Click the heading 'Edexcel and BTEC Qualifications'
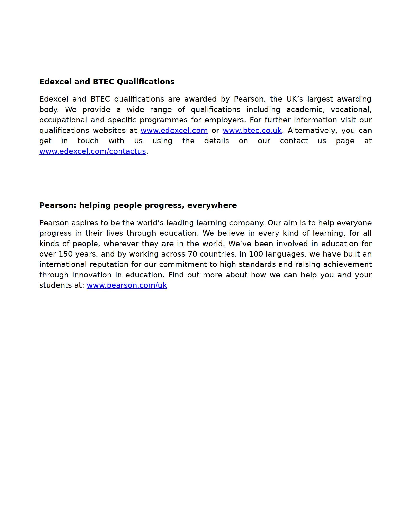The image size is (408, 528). (x=107, y=82)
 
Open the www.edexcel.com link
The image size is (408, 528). (x=174, y=130)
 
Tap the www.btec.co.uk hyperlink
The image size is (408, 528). (x=252, y=130)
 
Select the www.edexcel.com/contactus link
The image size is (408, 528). (x=93, y=151)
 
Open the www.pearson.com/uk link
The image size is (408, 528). (x=127, y=285)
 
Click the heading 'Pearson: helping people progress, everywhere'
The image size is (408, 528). (x=138, y=205)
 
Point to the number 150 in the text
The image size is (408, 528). (x=65, y=254)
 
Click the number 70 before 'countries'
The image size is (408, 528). (x=192, y=254)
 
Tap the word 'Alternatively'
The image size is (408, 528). (x=312, y=130)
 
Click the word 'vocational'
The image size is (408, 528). (x=350, y=110)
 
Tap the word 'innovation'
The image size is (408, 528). (x=92, y=275)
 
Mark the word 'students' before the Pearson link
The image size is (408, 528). (x=53, y=285)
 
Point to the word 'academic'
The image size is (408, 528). (x=305, y=110)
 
